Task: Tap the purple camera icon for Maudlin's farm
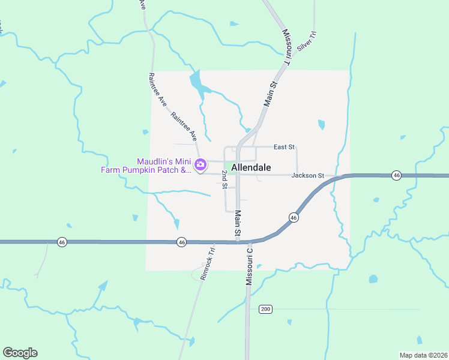201,164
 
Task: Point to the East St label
284,146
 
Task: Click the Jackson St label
307,175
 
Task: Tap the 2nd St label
224,179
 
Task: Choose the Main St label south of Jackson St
238,223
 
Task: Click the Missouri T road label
286,46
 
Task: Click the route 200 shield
266,309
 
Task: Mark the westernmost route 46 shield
62,242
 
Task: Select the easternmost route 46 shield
396,175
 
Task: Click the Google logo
20,353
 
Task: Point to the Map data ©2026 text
423,355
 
